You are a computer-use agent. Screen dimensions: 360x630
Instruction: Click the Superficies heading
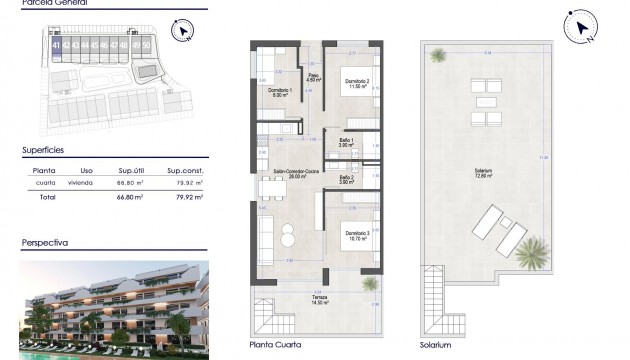point(44,148)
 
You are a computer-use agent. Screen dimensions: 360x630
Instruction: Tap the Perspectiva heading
point(45,243)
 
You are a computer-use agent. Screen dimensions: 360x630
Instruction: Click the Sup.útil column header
point(134,171)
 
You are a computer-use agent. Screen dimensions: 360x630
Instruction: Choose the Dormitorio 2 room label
point(357,83)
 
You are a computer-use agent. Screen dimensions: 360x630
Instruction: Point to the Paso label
point(312,76)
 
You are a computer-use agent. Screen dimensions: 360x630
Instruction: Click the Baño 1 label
point(346,143)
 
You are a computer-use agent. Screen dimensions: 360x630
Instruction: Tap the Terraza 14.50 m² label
point(319,300)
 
